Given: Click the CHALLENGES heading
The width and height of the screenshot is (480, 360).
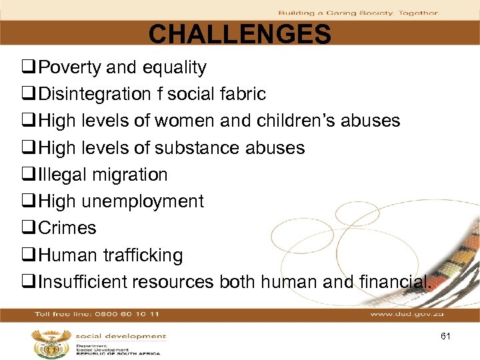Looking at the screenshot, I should pos(239,34).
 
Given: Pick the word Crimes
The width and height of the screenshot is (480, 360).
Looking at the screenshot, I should pos(67,228).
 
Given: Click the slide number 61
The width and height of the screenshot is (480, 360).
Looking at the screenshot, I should pos(445,337).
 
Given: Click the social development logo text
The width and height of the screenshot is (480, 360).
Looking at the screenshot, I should pos(120,337).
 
